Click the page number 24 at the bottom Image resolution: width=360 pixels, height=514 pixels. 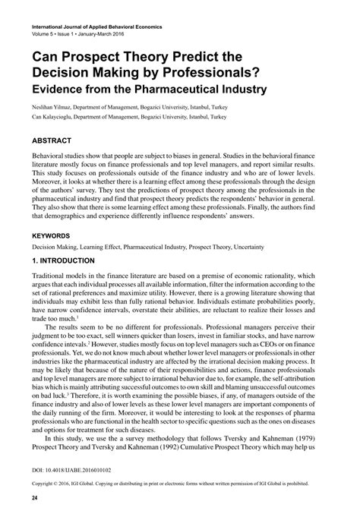[x=35, y=497]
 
